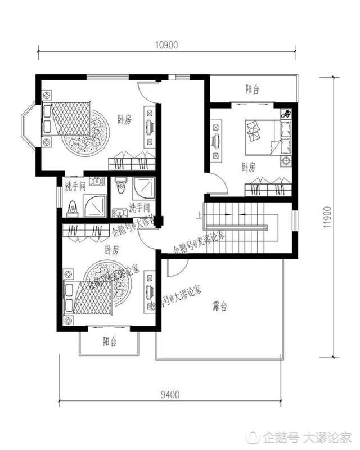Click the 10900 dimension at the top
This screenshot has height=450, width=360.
click(167, 45)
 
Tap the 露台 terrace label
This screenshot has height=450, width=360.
click(220, 307)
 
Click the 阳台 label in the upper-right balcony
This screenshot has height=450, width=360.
click(252, 89)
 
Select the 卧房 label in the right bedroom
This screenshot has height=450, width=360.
click(248, 166)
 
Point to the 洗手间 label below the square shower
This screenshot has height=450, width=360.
click(139, 208)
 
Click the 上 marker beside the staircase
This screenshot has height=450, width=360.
click(199, 215)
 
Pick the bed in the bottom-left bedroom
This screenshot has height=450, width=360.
click(90, 298)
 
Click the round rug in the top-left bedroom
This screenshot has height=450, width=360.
click(90, 136)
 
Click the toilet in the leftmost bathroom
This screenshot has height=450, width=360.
click(71, 209)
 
